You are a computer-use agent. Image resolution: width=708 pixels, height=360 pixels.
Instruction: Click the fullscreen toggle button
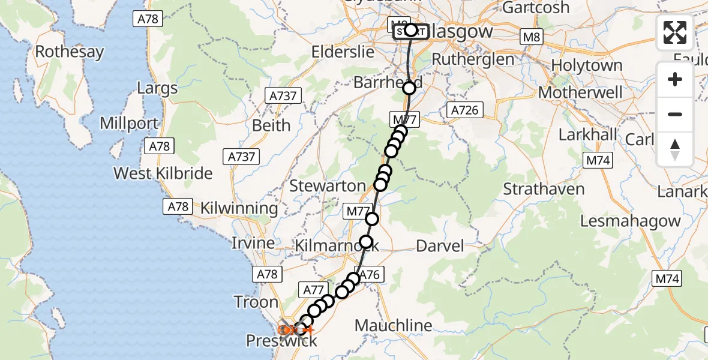click(x=675, y=32)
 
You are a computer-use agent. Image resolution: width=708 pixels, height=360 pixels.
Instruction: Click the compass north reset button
click(x=675, y=149)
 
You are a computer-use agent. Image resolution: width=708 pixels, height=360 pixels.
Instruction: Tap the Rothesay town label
click(x=69, y=52)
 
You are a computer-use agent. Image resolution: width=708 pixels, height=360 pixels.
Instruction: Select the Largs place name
click(x=157, y=89)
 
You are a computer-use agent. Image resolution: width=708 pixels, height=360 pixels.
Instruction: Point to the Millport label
click(x=129, y=124)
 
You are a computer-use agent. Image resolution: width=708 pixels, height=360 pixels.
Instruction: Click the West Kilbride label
click(x=163, y=173)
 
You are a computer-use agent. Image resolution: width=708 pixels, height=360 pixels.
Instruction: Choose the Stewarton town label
click(x=327, y=186)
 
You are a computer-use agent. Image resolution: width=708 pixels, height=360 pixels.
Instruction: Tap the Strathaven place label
click(x=544, y=189)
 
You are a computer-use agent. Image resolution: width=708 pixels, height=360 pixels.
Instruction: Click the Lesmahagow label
click(x=630, y=221)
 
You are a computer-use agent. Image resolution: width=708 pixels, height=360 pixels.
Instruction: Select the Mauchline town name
click(x=393, y=326)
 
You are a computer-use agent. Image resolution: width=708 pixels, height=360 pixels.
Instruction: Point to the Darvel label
click(x=440, y=245)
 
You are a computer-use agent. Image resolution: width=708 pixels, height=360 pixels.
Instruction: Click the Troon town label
click(x=256, y=302)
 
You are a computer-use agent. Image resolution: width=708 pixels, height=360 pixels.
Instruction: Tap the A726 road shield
click(x=465, y=110)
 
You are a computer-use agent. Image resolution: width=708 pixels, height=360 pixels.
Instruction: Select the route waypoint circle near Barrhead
click(x=409, y=88)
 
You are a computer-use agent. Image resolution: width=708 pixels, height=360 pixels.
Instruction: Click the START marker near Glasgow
click(x=411, y=30)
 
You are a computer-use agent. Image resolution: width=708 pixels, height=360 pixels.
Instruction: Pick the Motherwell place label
click(x=580, y=93)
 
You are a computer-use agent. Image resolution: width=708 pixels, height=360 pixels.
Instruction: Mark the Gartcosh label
click(x=535, y=8)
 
